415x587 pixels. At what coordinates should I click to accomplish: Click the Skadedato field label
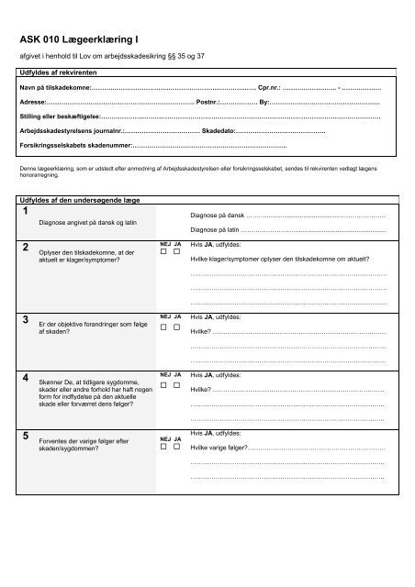223,132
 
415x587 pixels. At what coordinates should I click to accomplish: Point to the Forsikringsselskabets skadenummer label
76,146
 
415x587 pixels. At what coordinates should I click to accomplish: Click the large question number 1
25,213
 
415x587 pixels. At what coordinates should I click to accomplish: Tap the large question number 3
25,319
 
